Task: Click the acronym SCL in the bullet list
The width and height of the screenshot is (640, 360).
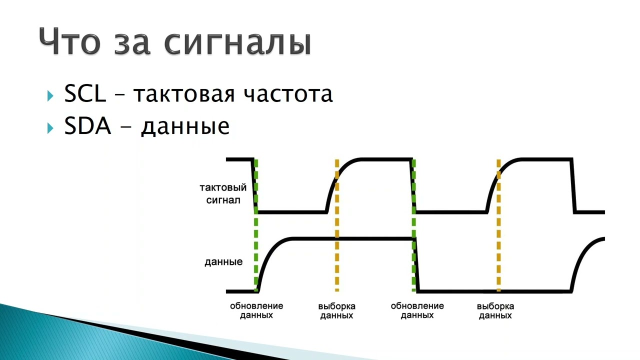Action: click(x=85, y=93)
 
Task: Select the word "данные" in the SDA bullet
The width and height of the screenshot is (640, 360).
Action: click(x=185, y=127)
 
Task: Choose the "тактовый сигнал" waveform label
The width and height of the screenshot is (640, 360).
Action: click(x=223, y=194)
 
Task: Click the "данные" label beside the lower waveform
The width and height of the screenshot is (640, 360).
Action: click(x=223, y=262)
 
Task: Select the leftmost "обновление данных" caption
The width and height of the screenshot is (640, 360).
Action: click(x=256, y=310)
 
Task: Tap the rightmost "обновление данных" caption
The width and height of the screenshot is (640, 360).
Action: click(x=417, y=310)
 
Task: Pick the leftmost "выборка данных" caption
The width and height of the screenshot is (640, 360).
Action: click(x=337, y=310)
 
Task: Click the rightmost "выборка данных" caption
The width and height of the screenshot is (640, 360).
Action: click(x=495, y=310)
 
